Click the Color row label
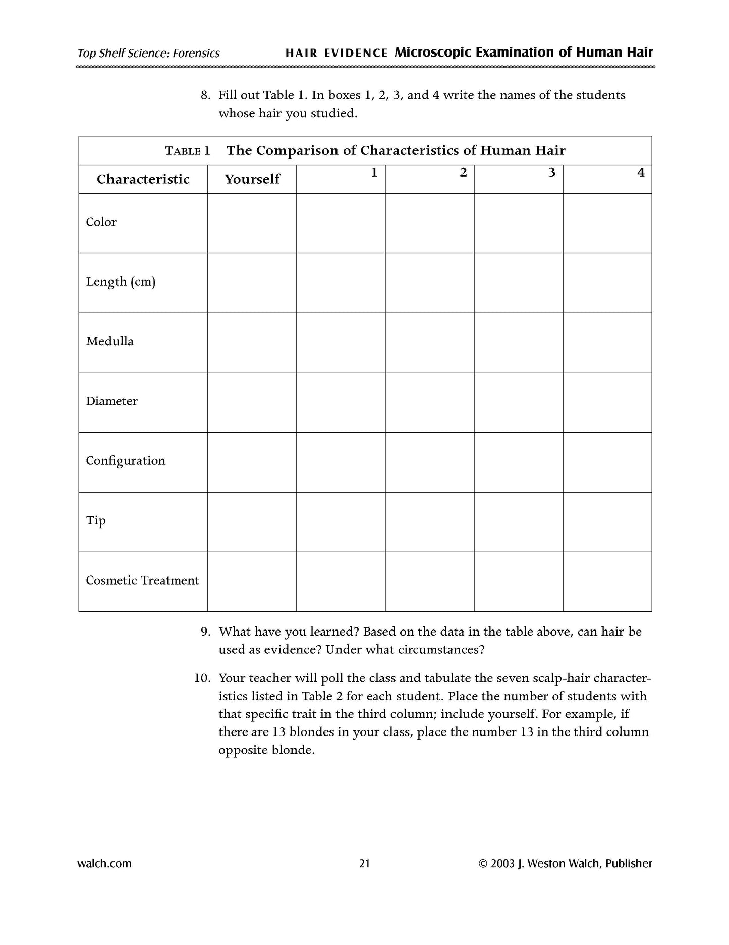pos(101,222)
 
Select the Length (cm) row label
pos(121,282)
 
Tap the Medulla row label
pos(109,342)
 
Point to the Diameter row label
pos(111,401)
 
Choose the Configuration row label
pos(126,461)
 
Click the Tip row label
pos(95,520)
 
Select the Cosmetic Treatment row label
pos(142,581)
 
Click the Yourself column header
pos(252,179)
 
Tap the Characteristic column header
pos(143,179)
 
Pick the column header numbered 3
pos(552,173)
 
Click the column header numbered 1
pos(374,173)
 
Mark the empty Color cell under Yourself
pos(252,223)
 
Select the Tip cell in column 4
pos(607,522)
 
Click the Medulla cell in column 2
pos(429,343)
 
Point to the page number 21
pos(364,864)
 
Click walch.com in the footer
pos(104,864)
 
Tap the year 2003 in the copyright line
pos(502,864)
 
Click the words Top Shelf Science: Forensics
pos(148,54)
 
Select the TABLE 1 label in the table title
pos(187,151)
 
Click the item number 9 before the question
pos(205,632)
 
